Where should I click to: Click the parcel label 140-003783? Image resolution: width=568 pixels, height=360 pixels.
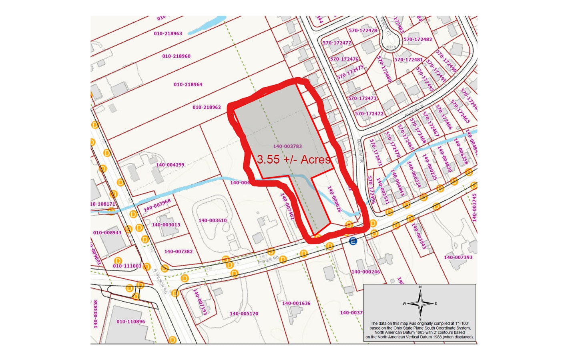click(x=287, y=146)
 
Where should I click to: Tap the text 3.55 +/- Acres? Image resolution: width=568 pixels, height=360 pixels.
click(x=294, y=160)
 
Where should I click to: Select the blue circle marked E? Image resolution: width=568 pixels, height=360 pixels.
click(x=353, y=241)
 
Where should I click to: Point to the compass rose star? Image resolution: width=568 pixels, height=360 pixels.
click(x=420, y=304)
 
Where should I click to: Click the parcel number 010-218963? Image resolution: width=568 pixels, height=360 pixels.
click(x=168, y=34)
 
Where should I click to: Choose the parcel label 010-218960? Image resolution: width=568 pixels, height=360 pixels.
click(x=176, y=56)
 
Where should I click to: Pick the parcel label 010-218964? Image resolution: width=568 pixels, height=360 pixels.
click(x=188, y=85)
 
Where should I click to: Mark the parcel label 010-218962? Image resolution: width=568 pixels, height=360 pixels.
click(x=207, y=107)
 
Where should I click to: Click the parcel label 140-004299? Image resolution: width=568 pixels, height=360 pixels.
click(x=170, y=165)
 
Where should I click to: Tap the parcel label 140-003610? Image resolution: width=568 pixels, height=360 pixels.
click(x=213, y=220)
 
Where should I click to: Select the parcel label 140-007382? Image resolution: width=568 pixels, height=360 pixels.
click(x=178, y=252)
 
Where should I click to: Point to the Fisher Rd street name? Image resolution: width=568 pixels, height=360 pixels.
click(x=268, y=260)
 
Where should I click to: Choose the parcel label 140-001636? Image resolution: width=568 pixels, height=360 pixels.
click(x=296, y=303)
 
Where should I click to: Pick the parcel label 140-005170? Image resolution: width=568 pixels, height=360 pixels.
click(x=244, y=314)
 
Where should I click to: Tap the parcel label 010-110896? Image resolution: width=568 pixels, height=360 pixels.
click(x=130, y=322)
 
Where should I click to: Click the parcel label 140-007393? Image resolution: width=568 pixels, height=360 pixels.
click(x=458, y=257)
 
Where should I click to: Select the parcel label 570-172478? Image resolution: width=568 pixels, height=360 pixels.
click(x=363, y=30)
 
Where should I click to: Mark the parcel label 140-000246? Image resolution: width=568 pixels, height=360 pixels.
click(x=365, y=272)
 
